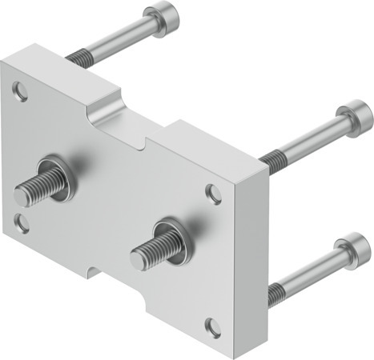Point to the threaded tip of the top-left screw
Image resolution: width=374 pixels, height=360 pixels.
click(x=78, y=57)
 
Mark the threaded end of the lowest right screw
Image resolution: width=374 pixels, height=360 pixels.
click(x=275, y=294)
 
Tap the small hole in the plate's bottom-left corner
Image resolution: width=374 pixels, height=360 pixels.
click(x=22, y=223)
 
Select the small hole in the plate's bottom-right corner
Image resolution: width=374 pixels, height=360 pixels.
click(x=212, y=326)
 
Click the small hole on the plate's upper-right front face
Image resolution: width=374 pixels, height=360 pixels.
click(x=213, y=193)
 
